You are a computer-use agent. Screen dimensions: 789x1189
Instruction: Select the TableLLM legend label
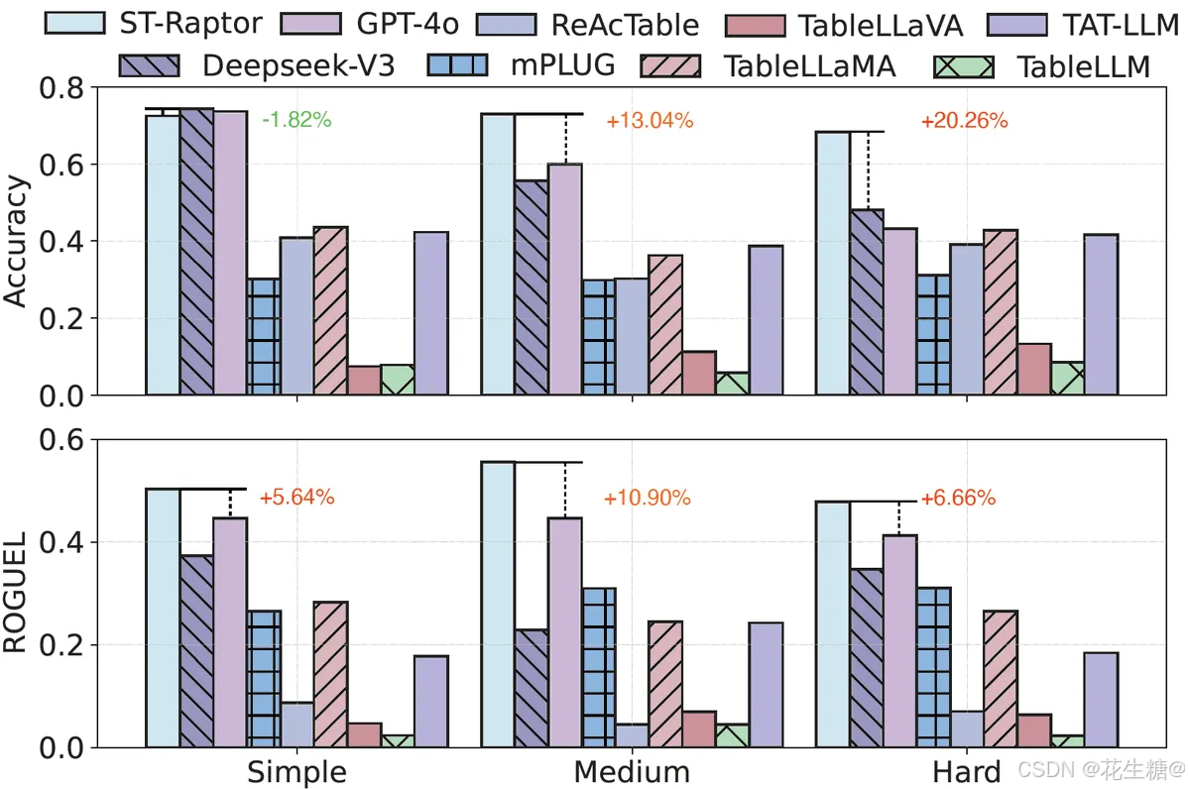pos(1083,65)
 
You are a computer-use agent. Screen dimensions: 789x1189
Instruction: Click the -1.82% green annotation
pos(297,121)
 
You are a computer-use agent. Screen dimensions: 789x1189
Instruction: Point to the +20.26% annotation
pos(964,121)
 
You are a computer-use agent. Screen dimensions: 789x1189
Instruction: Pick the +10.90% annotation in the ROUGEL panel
pos(648,499)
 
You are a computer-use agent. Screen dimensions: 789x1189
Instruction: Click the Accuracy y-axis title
pos(17,243)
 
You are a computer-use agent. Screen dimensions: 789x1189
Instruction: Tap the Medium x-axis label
pos(631,771)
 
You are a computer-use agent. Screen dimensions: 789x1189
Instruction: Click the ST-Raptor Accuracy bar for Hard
pos(833,263)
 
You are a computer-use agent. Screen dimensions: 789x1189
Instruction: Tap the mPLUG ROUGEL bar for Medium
pos(598,667)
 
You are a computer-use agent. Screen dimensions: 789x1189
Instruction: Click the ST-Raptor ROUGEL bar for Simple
pos(163,618)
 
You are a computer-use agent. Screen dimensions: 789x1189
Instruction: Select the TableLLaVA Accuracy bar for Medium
pos(698,373)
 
